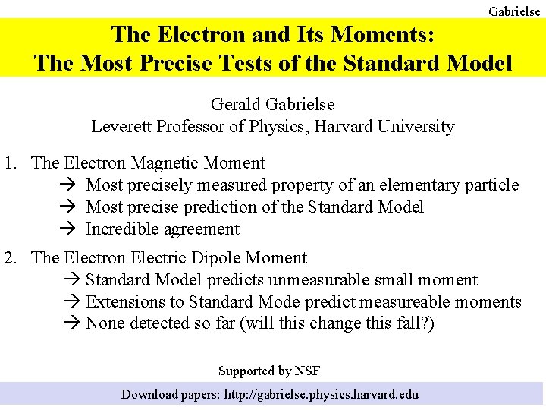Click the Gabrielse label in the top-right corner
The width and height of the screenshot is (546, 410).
514,11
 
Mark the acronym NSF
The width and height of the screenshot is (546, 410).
307,371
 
